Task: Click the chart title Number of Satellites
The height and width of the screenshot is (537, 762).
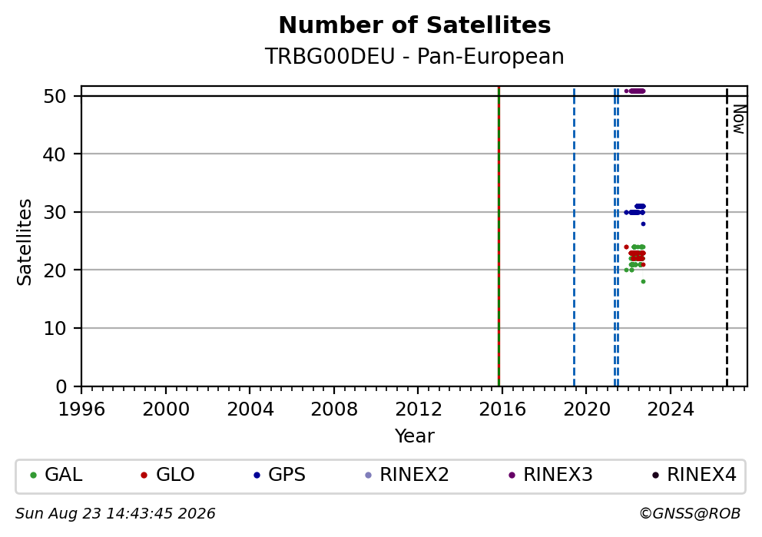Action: pos(415,25)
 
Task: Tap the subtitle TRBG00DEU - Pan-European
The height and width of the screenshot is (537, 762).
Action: pos(415,56)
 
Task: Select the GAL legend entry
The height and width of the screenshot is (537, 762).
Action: pos(56,475)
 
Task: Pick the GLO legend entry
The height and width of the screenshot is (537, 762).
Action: pos(167,475)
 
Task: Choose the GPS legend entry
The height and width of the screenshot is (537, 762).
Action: pos(280,475)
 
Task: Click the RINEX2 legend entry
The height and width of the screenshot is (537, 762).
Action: pos(407,475)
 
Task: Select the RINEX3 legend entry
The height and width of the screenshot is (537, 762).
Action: pos(551,475)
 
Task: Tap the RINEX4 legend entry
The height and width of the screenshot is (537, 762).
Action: pos(694,475)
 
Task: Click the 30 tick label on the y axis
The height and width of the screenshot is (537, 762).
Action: pos(55,212)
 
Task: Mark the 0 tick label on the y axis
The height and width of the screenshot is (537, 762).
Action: pos(61,387)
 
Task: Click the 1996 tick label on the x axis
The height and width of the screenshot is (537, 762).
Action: pos(81,409)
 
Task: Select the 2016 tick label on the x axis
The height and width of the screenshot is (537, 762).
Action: pos(502,409)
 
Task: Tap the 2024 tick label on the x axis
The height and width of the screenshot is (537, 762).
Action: pos(671,409)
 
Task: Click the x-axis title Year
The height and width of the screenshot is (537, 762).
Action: pos(415,436)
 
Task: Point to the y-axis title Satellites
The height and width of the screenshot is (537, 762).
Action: pos(25,242)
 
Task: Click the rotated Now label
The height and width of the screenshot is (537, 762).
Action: pos(739,119)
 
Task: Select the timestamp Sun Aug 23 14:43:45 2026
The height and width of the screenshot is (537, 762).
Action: pos(116,514)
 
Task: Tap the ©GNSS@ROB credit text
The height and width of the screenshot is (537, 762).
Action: pos(690,514)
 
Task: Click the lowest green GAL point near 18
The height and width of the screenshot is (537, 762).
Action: pos(643,282)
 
